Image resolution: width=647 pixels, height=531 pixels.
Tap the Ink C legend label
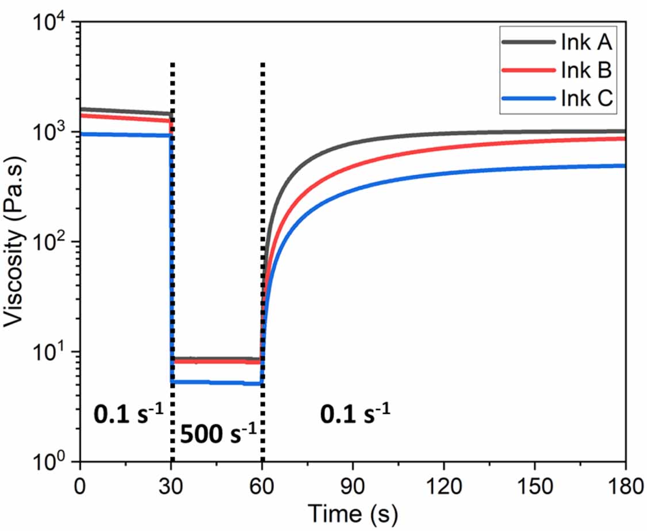[587, 98]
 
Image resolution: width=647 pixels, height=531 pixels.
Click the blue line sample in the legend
[529, 98]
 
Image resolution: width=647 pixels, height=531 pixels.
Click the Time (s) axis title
[353, 514]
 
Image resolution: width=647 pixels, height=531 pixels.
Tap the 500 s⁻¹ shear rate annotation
[219, 433]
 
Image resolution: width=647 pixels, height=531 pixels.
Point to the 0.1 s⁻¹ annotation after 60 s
[355, 413]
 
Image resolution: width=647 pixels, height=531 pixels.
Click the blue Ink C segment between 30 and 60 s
[217, 383]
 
